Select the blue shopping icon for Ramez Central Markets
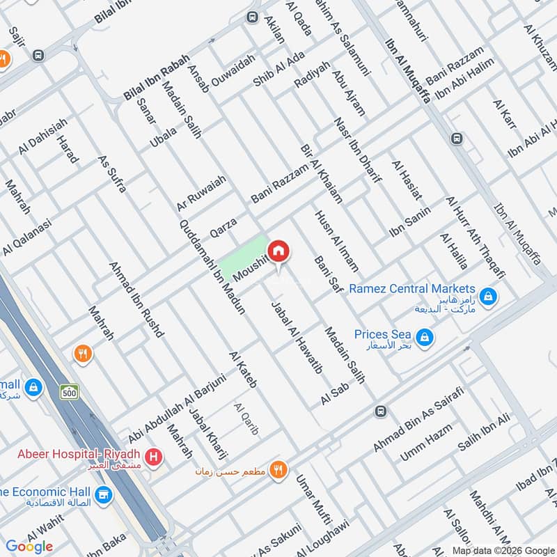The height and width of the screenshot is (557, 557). (489, 296)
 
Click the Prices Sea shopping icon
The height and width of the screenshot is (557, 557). (425, 339)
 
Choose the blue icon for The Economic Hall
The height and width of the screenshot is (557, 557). (104, 494)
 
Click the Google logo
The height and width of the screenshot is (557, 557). (30, 547)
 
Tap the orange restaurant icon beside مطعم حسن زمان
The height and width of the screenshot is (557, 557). (278, 471)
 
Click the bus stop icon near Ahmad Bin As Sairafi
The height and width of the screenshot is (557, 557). (380, 411)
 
